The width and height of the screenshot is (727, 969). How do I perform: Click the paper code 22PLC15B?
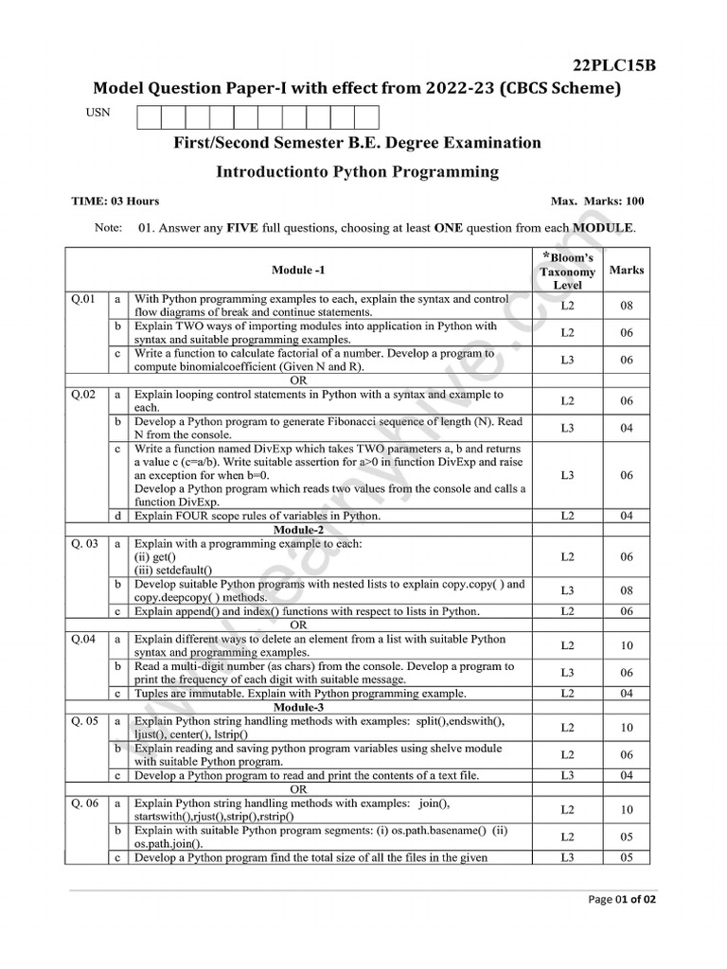point(614,64)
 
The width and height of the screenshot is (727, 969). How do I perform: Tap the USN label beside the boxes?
point(98,113)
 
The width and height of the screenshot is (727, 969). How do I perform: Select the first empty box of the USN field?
point(150,117)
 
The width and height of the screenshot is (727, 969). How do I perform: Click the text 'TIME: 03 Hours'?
point(115,201)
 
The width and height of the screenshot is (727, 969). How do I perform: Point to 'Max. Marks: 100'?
point(596,201)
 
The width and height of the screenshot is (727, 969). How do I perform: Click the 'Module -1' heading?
point(298,270)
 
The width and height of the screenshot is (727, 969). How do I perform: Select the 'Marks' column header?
point(627,270)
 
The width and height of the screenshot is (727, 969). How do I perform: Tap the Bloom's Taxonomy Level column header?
point(567,271)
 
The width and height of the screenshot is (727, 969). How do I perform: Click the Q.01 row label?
point(83,299)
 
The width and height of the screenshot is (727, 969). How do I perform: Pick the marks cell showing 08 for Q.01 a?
point(627,306)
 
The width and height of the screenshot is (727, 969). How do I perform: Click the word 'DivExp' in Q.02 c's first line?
point(265,449)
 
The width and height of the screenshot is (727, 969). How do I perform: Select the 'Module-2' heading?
point(298,530)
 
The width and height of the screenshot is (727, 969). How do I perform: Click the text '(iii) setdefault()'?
point(173,571)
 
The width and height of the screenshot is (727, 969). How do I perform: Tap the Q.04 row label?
point(83,639)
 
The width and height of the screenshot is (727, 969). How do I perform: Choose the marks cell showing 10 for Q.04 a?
point(627,645)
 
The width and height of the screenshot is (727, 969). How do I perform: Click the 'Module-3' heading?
point(298,707)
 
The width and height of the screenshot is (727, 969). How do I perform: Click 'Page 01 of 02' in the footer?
point(622,899)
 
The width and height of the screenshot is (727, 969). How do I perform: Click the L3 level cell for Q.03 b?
point(567,590)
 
